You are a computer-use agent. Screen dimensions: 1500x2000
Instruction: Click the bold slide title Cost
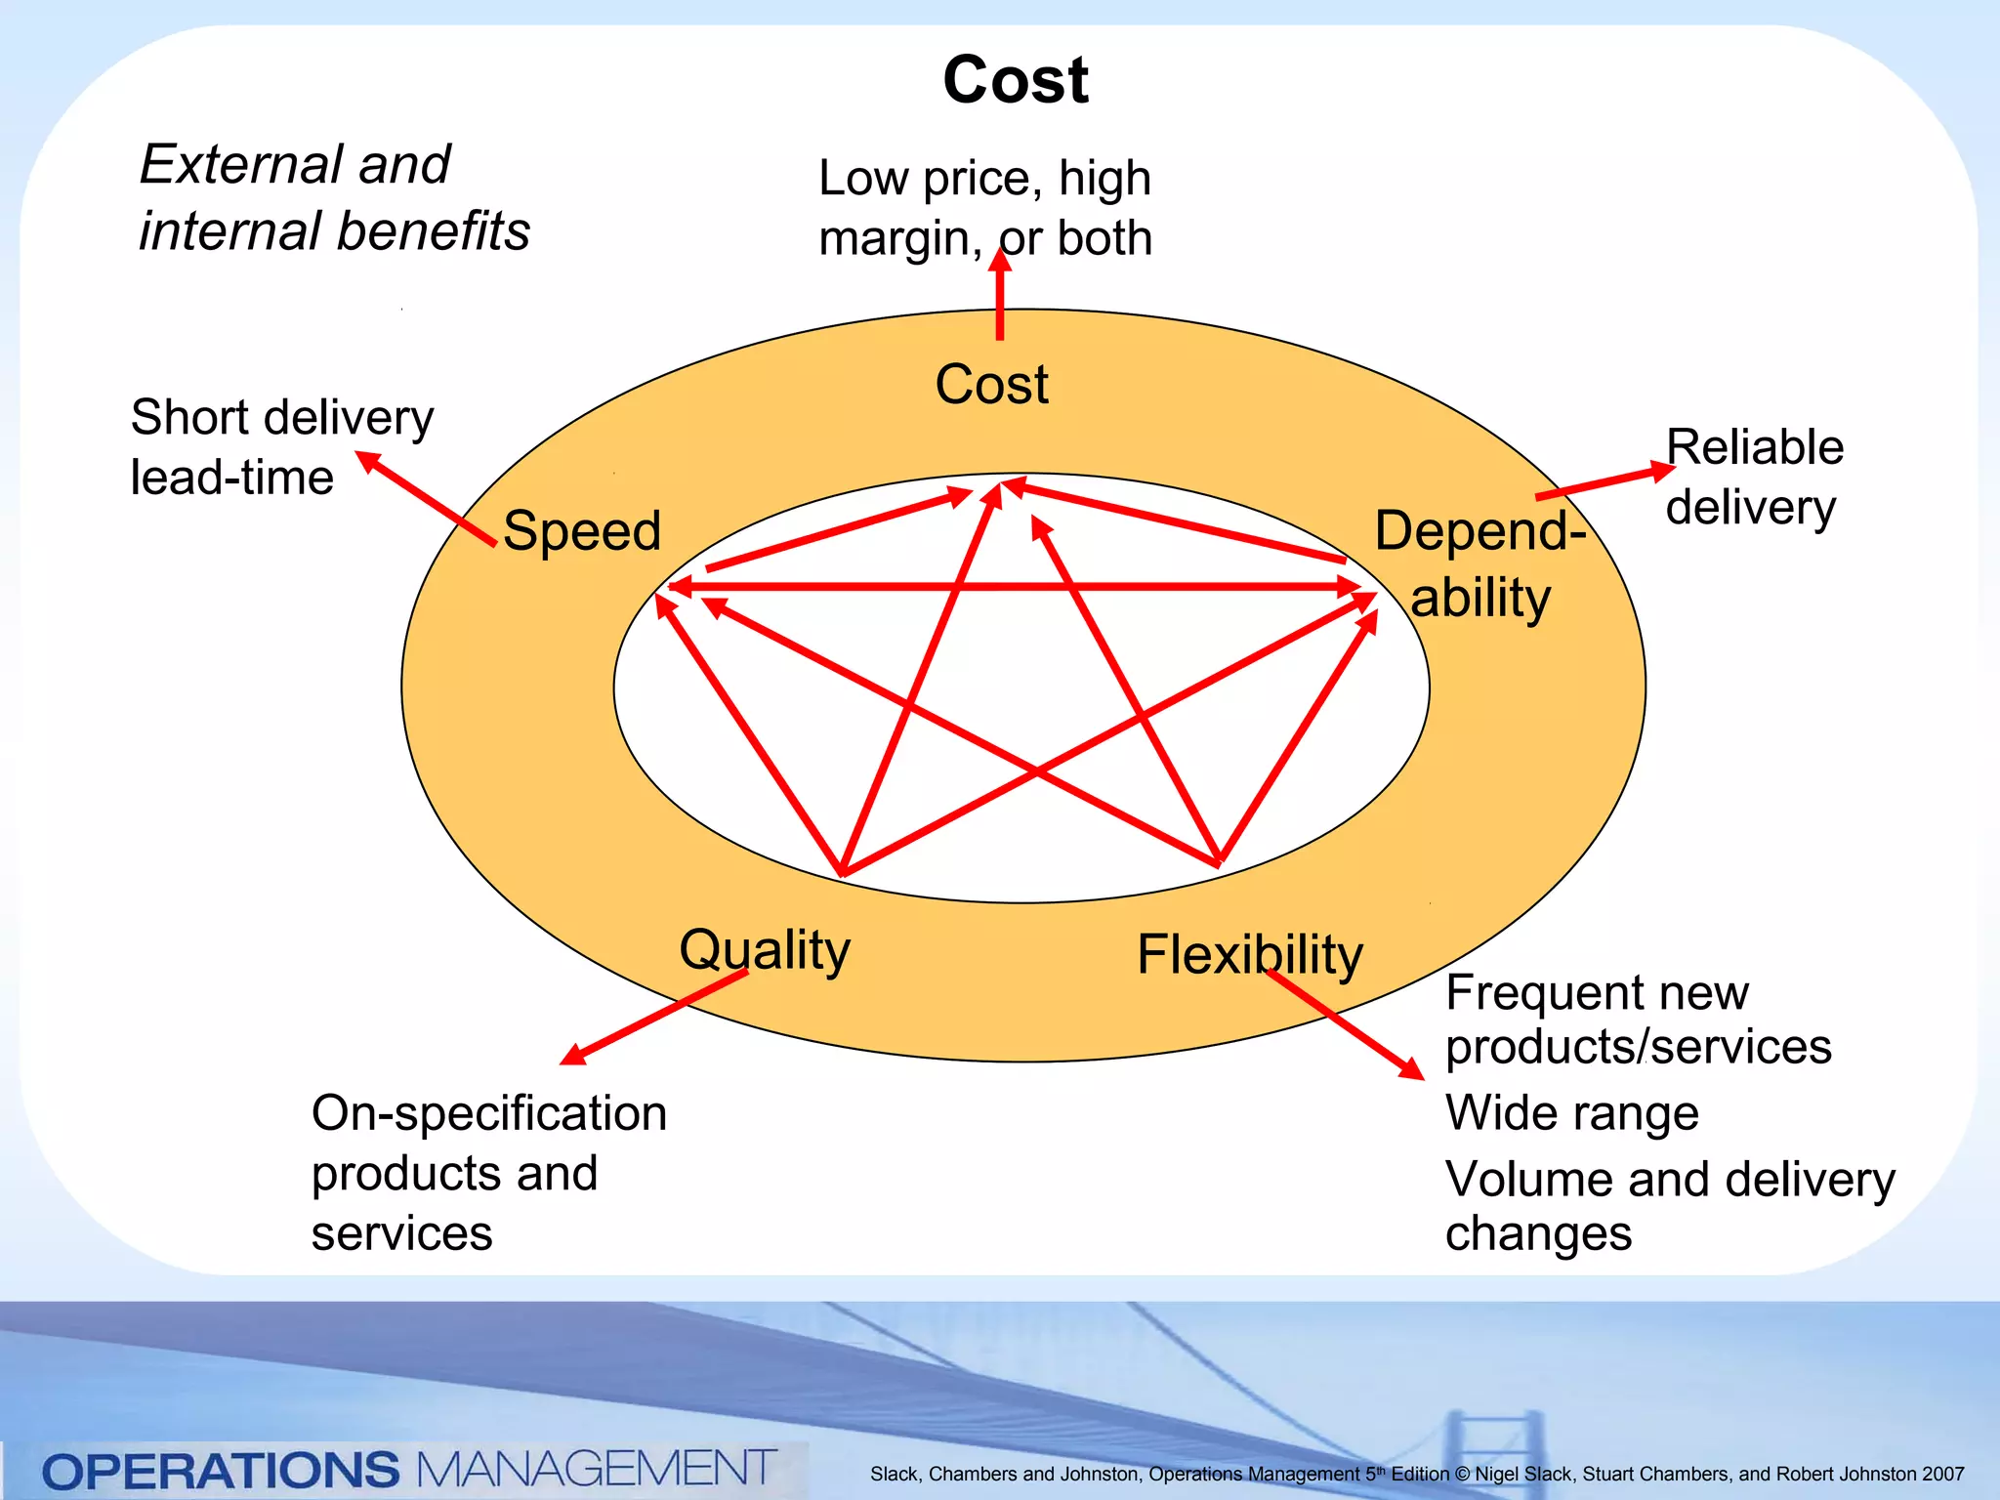tap(1015, 80)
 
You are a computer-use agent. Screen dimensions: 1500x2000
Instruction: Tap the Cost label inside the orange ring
tap(991, 384)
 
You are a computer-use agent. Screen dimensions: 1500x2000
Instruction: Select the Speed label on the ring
tap(582, 531)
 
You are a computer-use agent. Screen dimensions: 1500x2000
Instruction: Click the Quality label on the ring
tap(765, 949)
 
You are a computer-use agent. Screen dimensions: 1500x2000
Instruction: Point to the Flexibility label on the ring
tap(1249, 954)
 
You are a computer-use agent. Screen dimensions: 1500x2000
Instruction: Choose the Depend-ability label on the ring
tap(1480, 563)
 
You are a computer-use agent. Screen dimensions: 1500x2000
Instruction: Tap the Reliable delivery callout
tap(1754, 478)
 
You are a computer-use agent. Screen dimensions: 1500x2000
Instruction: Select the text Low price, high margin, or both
tap(984, 208)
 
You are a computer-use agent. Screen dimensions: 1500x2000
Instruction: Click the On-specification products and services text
tap(488, 1172)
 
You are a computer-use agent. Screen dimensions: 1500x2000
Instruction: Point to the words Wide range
tap(1571, 1112)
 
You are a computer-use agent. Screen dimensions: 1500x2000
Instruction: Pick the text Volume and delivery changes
tap(1669, 1205)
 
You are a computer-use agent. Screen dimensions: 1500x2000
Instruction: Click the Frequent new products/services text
tap(1637, 1020)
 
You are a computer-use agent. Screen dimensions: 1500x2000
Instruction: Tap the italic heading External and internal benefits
tap(334, 197)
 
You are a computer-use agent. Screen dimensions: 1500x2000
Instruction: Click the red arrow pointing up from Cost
tap(999, 296)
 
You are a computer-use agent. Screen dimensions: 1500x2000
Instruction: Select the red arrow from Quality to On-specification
tap(654, 1017)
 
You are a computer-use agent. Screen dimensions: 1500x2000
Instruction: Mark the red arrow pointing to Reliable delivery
tap(1604, 483)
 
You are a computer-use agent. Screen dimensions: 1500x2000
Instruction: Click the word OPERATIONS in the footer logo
tap(221, 1471)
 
